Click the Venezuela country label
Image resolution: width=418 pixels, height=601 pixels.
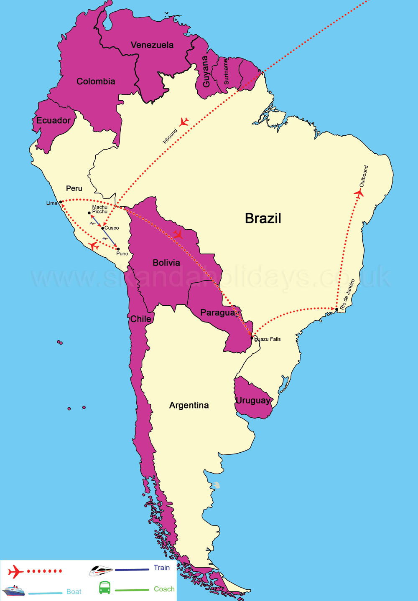152,45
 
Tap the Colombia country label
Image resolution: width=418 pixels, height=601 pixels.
96,81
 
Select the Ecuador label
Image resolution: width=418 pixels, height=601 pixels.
54,121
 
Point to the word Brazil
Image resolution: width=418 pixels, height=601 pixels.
263,218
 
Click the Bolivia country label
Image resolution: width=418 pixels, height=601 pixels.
166,263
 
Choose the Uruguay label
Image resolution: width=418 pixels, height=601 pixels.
253,401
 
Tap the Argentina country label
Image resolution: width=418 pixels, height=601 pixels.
189,405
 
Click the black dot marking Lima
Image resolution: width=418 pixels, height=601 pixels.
61,202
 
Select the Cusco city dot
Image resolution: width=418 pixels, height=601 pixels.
103,228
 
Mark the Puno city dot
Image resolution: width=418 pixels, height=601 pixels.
118,249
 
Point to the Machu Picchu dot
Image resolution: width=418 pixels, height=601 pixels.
89,213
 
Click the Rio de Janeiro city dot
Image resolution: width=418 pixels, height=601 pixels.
336,309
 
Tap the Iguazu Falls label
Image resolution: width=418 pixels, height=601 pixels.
268,339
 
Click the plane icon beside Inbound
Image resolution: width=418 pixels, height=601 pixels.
184,122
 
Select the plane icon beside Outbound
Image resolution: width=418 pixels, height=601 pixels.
359,193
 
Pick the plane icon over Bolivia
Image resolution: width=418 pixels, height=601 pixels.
178,234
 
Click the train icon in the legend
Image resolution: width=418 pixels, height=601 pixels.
101,571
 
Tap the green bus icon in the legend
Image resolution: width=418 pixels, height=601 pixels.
104,588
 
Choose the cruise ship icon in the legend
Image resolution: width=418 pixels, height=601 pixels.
13,591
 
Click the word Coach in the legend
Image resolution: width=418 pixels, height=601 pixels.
164,589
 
